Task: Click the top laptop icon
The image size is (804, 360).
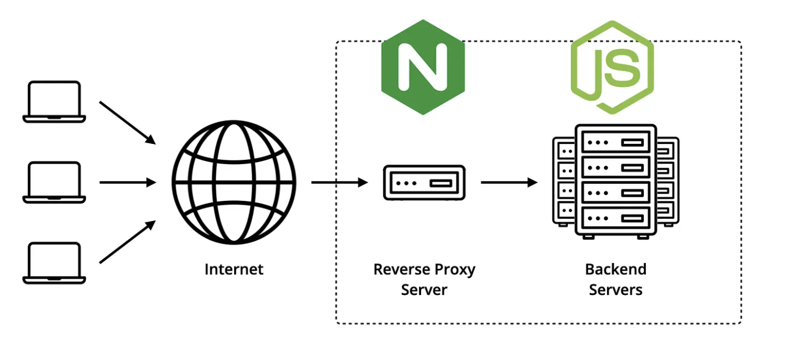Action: click(x=54, y=101)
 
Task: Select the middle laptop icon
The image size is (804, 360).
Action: click(x=54, y=182)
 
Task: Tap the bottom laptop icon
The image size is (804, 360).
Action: click(x=54, y=263)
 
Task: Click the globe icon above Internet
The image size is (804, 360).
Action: click(x=234, y=182)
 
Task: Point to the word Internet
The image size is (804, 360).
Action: click(x=234, y=269)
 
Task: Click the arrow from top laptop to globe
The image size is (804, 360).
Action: click(x=127, y=122)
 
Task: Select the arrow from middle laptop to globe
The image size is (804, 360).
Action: click(x=127, y=182)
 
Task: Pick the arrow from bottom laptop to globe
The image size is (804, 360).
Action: click(x=127, y=242)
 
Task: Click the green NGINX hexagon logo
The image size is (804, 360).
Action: click(x=422, y=67)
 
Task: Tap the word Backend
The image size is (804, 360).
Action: click(x=616, y=269)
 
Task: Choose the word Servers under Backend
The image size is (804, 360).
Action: click(x=616, y=289)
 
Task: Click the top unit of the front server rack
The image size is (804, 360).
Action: click(x=616, y=142)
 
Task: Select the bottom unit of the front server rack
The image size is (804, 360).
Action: click(x=616, y=218)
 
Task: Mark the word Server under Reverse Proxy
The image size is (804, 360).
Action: click(x=424, y=289)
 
